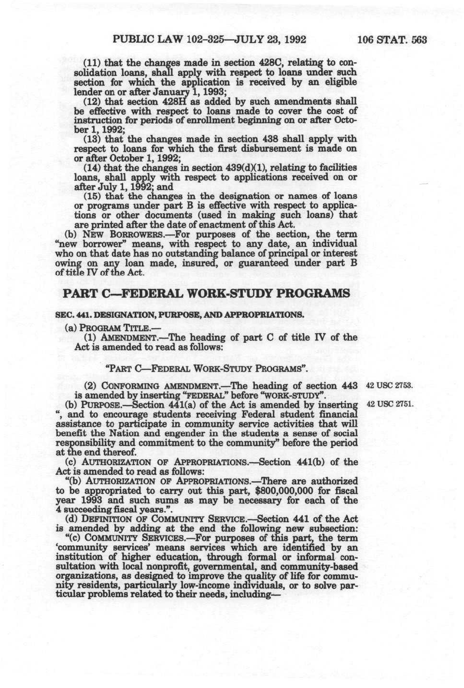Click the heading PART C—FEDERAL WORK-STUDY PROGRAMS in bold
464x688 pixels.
[207, 293]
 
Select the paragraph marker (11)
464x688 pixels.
[92, 63]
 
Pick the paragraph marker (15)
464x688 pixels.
[92, 196]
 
